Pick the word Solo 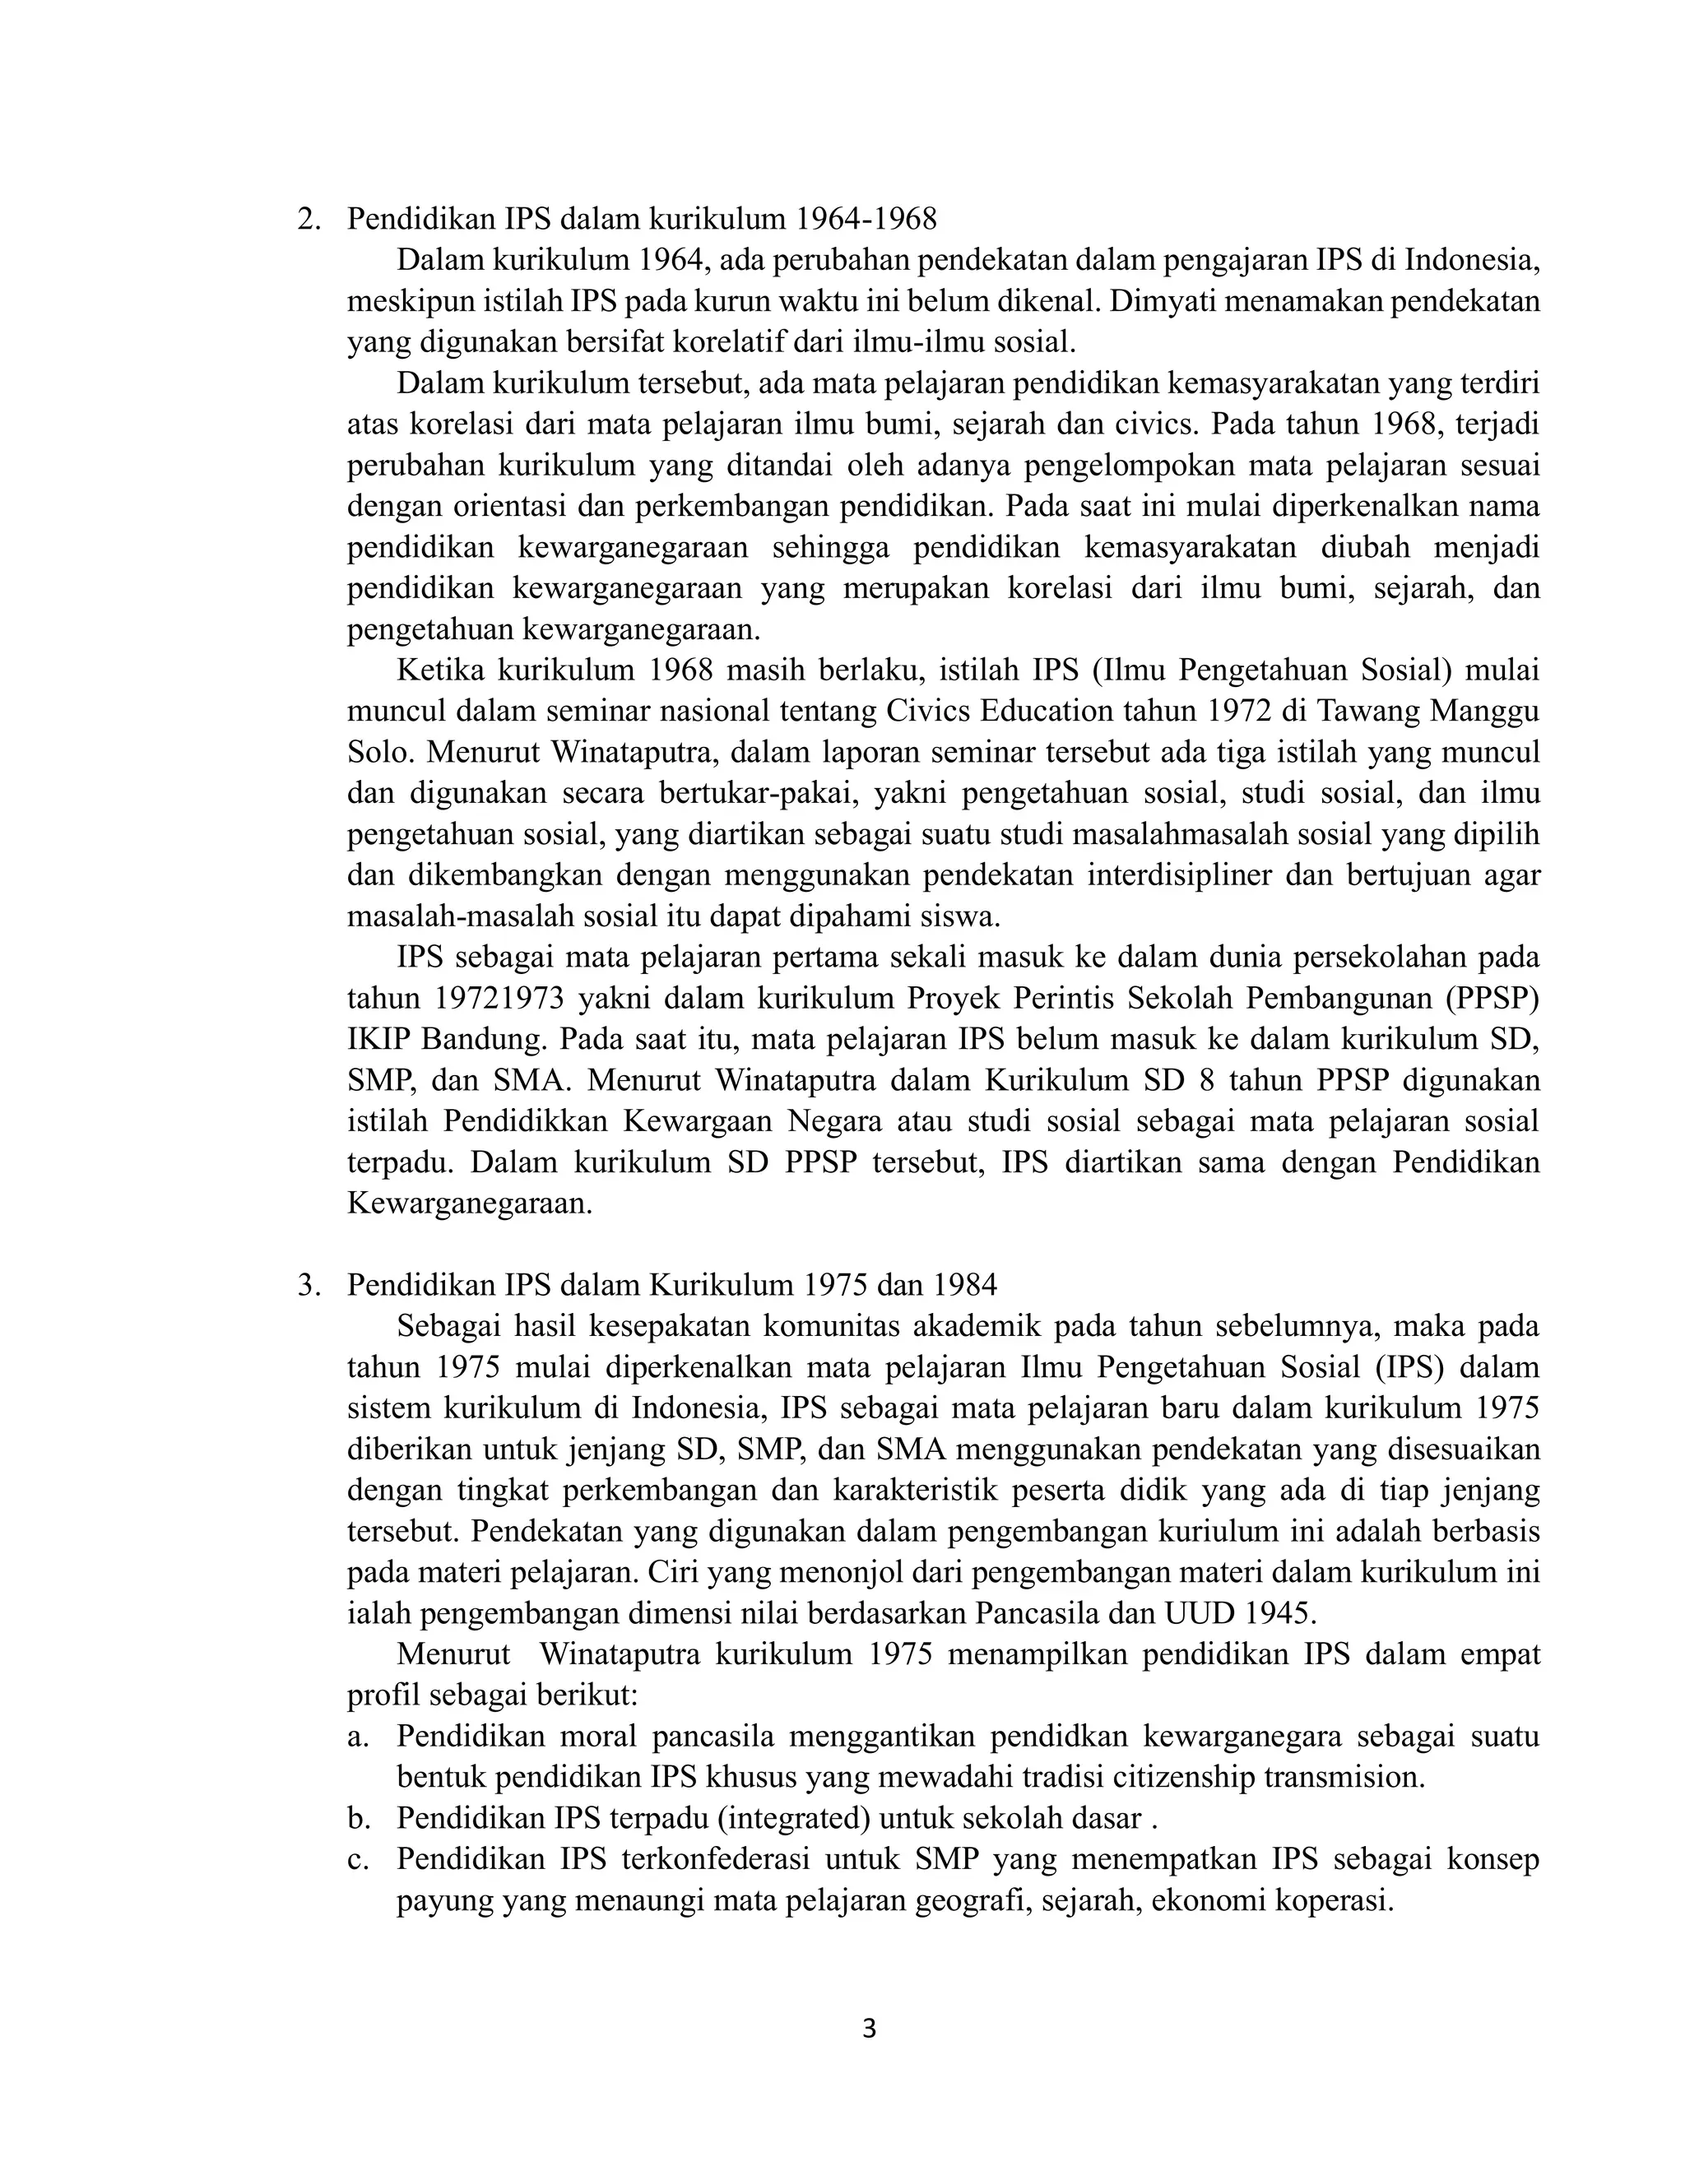tap(374, 752)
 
